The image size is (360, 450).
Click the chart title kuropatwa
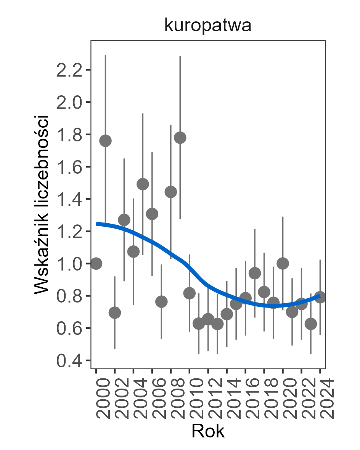coord(207,26)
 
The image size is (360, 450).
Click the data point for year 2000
coord(96,263)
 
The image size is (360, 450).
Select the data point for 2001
coord(105,141)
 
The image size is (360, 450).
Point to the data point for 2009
coord(180,138)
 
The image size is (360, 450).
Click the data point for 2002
coord(115,313)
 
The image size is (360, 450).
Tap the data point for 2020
coord(283,263)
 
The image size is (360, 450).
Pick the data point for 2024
coord(320,297)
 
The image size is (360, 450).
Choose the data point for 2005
coord(143,184)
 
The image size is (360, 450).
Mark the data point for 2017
coord(255,273)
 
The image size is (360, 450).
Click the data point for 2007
coord(161,302)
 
